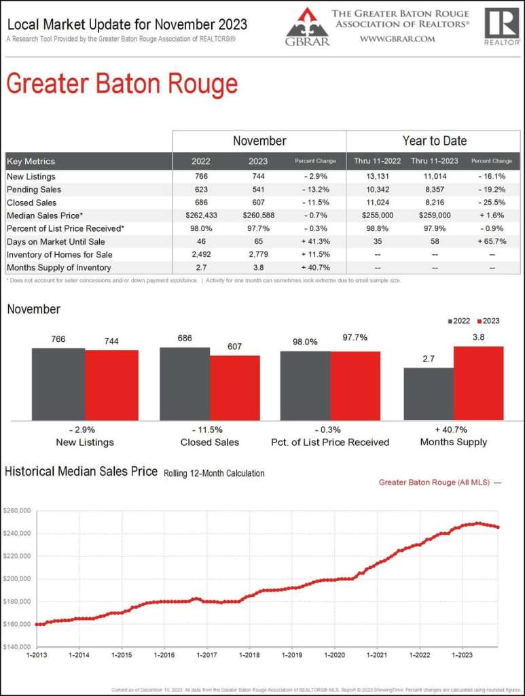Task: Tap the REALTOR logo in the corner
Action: click(502, 26)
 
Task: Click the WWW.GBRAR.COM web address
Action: click(397, 39)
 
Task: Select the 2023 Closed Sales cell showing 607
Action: click(258, 203)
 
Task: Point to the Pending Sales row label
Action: click(34, 190)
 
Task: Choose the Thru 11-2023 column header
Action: click(435, 161)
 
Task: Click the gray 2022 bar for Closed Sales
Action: click(185, 383)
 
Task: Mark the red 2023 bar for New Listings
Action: click(111, 385)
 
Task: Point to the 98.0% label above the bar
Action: click(305, 342)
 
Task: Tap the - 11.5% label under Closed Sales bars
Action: click(210, 430)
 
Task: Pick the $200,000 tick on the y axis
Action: click(16, 579)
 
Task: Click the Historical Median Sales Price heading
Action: click(82, 471)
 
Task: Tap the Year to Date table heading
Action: click(434, 141)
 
